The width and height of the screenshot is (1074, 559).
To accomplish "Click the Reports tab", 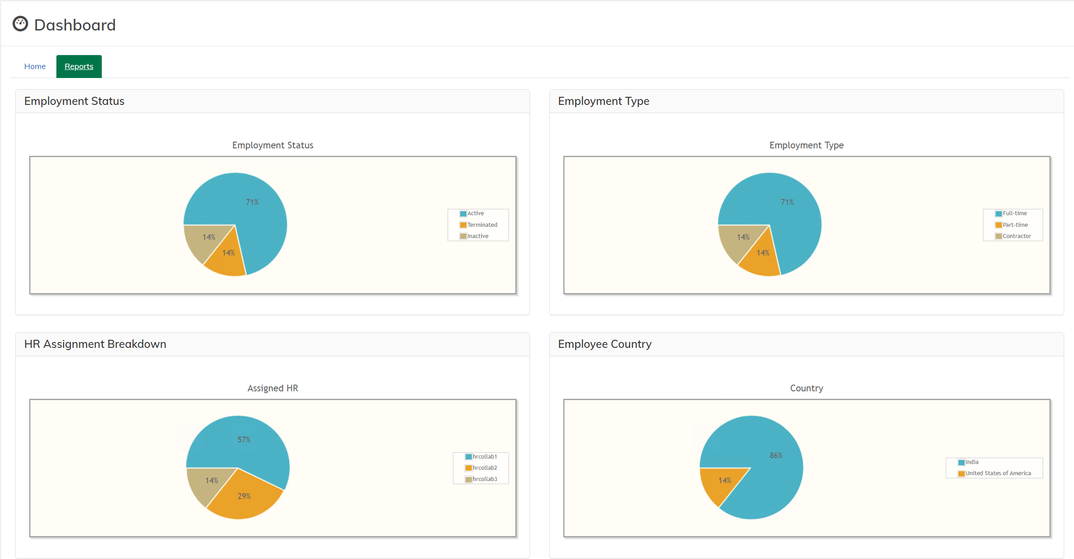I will [x=79, y=66].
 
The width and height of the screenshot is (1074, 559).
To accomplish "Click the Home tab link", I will [x=35, y=66].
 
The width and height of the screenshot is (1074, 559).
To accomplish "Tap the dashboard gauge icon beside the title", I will [x=20, y=24].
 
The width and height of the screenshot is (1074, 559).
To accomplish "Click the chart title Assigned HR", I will [x=272, y=388].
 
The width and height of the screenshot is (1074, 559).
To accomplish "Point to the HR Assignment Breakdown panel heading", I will [x=95, y=344].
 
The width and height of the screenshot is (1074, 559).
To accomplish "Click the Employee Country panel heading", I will [x=604, y=344].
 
